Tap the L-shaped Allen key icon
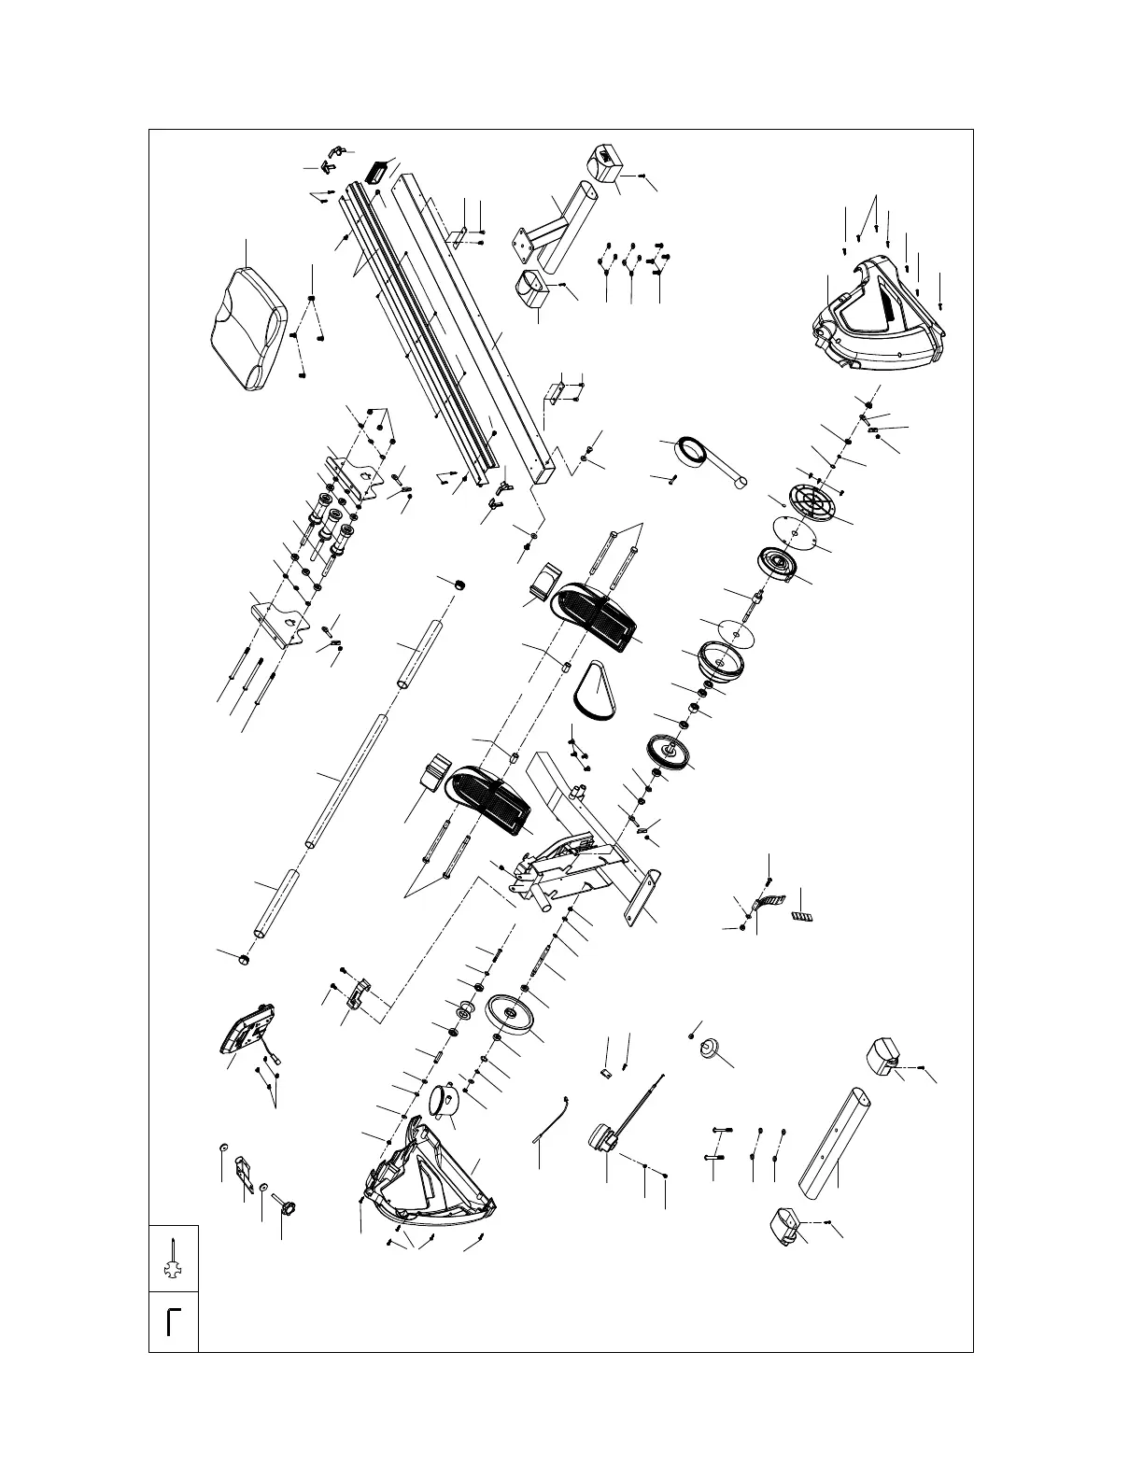(173, 1321)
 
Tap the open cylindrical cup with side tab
(446, 1098)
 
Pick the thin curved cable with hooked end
(552, 1117)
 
